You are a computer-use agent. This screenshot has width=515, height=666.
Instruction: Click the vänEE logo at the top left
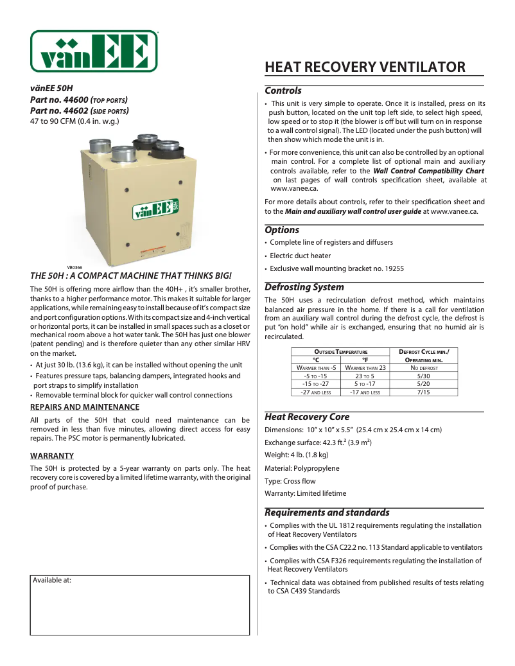[x=94, y=51]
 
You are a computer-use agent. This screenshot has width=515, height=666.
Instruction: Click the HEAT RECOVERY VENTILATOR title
[x=365, y=67]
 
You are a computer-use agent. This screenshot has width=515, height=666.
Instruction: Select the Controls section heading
[x=283, y=91]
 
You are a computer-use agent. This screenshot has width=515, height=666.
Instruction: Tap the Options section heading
[x=282, y=230]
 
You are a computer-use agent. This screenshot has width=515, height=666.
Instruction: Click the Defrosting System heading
[x=304, y=287]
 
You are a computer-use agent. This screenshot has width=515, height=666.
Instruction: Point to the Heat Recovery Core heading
[x=307, y=417]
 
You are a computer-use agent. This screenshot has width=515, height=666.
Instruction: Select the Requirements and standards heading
[x=327, y=513]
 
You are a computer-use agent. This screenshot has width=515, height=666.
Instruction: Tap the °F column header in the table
[x=365, y=360]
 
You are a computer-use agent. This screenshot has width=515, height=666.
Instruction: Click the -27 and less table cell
[x=316, y=392]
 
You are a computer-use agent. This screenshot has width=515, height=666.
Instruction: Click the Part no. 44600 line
[x=79, y=100]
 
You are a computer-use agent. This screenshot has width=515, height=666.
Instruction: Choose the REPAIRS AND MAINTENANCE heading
[x=85, y=407]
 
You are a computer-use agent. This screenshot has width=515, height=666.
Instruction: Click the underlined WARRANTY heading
[x=52, y=456]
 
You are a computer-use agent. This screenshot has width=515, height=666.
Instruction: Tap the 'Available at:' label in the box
[x=52, y=579]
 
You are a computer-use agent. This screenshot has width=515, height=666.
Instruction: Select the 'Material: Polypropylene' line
[x=302, y=468]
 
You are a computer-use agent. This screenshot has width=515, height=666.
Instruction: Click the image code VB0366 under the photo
[x=74, y=267]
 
